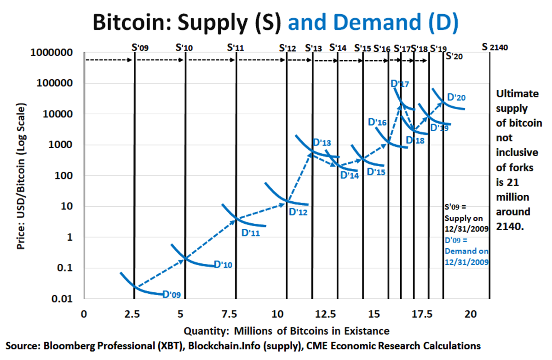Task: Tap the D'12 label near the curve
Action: tap(298, 212)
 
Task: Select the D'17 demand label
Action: tap(399, 84)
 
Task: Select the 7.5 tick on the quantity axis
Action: tap(236, 314)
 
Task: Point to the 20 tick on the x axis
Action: tap(470, 314)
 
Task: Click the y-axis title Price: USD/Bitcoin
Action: tap(21, 177)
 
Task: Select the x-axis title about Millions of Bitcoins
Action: tap(287, 331)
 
